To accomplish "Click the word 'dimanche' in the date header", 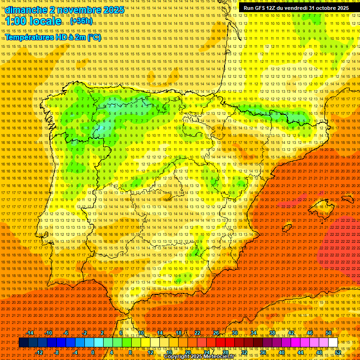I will [26, 10].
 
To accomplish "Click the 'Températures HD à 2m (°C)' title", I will [52, 37].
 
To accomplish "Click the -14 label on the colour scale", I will [30, 333].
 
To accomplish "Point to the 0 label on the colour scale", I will [93, 352].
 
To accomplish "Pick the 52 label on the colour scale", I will [337, 352].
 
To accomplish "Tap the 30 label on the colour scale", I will [234, 333].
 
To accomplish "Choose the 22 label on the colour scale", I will [197, 333].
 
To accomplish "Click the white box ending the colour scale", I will [333, 343].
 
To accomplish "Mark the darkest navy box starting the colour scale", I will [23, 343].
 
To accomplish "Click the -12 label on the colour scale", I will [39, 352].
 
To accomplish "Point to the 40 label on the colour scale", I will [281, 352].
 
